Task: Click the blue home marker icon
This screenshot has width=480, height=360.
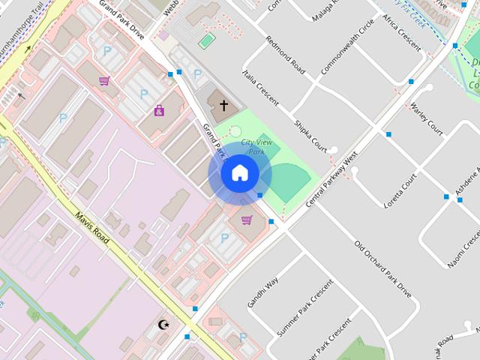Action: [239, 173]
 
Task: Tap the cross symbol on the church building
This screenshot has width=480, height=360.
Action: [223, 105]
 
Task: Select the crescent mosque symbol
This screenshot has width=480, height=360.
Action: [164, 325]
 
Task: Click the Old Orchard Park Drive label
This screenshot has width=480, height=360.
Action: [382, 268]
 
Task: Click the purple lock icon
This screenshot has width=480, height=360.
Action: [159, 110]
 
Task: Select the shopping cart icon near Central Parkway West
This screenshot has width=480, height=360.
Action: [247, 220]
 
